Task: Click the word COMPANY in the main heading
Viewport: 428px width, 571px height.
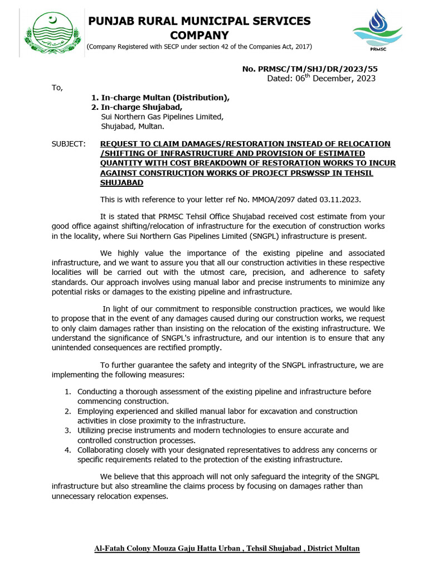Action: click(x=199, y=35)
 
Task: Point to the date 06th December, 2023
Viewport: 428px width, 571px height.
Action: click(x=322, y=79)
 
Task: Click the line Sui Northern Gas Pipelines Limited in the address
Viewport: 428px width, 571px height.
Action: click(x=162, y=117)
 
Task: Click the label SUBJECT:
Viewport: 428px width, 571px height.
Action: click(x=69, y=144)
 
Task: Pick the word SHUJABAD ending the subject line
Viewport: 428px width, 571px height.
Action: click(x=121, y=182)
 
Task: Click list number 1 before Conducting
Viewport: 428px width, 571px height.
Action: click(x=67, y=392)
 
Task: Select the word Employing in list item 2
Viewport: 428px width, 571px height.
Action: click(x=96, y=412)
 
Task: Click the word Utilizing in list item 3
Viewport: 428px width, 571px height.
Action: click(x=93, y=430)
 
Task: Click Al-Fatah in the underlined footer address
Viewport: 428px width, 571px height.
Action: click(x=109, y=549)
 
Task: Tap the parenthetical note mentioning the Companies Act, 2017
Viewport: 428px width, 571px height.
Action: click(x=199, y=46)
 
